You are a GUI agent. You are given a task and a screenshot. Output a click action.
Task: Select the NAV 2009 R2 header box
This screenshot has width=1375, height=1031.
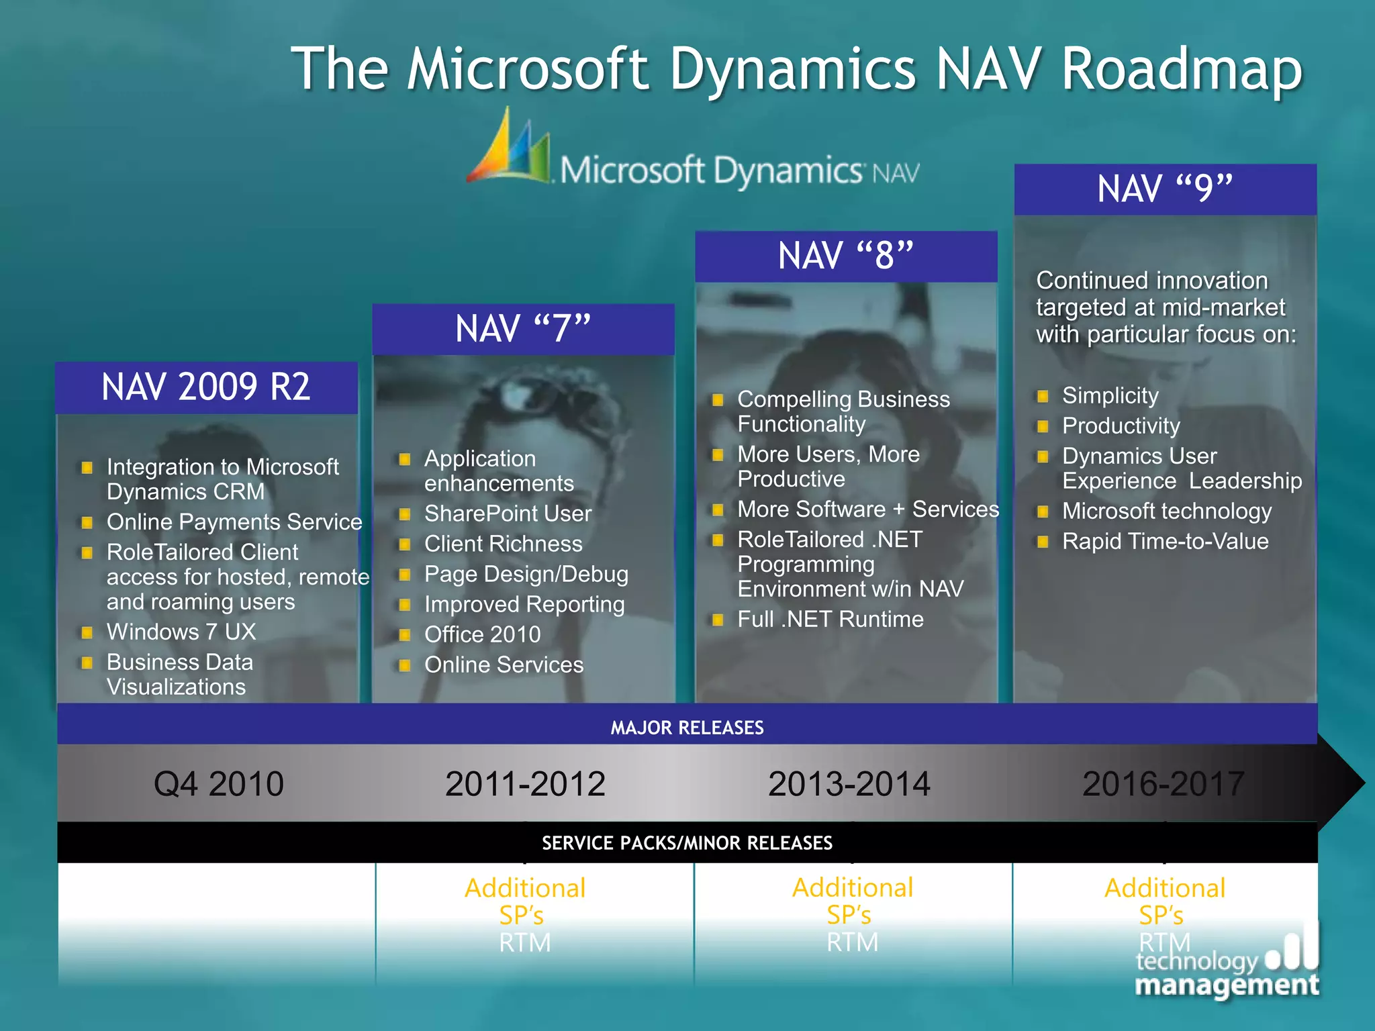coord(206,387)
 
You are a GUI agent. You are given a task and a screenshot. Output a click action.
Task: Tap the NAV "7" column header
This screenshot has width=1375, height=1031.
coord(523,329)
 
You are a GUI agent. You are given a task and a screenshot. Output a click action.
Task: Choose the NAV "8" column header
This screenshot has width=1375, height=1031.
coord(846,256)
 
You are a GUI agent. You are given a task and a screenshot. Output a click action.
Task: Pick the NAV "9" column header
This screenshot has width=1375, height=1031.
coord(1165,189)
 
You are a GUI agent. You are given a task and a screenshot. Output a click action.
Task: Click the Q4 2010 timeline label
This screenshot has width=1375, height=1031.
coord(219,784)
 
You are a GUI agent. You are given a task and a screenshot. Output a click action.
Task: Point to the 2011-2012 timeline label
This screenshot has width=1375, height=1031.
coord(525,784)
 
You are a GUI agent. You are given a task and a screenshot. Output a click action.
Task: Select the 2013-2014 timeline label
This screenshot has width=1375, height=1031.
coord(849,784)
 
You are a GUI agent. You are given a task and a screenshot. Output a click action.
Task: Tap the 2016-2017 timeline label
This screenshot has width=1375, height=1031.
coord(1164,784)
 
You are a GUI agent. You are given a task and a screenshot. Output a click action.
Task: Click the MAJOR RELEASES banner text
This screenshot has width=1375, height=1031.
coord(687,728)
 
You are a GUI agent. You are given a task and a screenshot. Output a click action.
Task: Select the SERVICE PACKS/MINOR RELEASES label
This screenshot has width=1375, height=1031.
coord(687,843)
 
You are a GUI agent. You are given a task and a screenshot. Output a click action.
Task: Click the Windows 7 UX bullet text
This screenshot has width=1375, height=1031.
coord(181,632)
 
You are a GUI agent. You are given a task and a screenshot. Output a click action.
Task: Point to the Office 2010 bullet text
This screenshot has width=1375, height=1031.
coord(482,634)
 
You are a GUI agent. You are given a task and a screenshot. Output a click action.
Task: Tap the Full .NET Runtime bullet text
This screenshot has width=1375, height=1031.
coord(831,619)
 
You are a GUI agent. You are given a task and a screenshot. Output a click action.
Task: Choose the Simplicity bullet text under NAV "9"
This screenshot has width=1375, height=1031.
coord(1110,395)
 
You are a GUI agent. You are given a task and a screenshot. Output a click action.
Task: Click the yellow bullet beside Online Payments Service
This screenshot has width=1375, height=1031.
coord(87,522)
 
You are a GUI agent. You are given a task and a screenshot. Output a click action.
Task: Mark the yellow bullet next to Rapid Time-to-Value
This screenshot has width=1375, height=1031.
coord(1043,542)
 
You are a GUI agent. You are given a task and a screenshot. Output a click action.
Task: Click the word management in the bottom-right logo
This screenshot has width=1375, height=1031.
coord(1227,985)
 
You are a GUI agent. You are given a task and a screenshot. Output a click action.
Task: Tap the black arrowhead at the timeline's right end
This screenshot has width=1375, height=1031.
coord(1341,783)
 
